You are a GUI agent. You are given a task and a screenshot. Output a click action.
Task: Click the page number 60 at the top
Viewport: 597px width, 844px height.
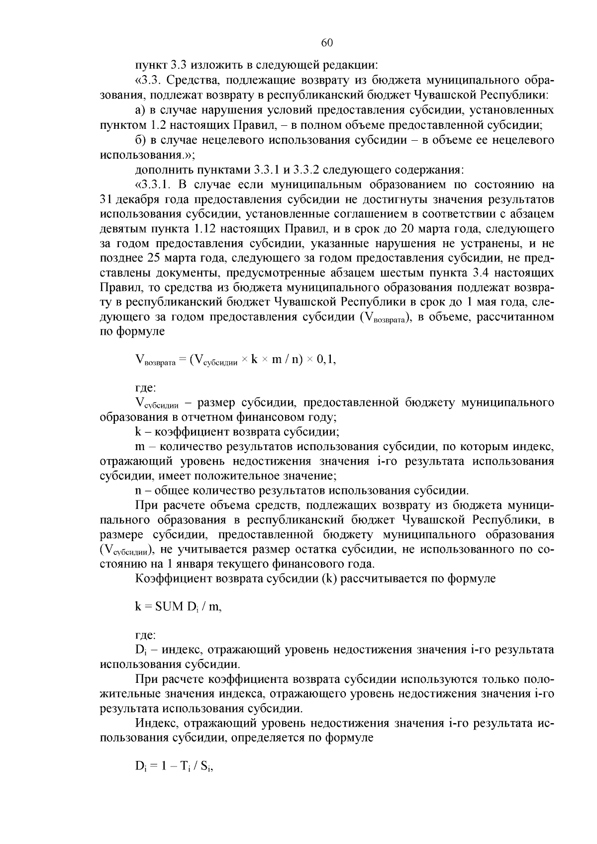coord(326,43)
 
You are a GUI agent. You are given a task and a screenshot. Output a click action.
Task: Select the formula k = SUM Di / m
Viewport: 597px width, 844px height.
coord(178,606)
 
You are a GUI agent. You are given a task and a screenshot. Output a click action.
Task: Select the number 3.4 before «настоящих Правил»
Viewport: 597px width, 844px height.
coord(490,273)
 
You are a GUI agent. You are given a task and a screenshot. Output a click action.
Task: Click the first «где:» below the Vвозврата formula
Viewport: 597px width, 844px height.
coord(146,387)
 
